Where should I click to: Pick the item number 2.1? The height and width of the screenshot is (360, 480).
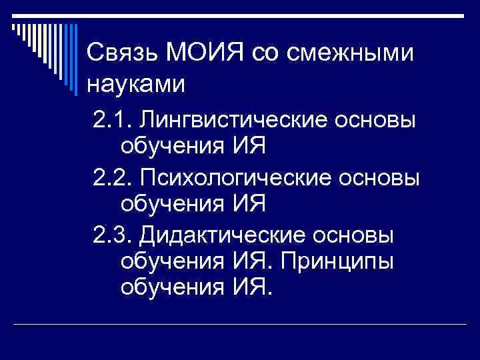pyautogui.click(x=112, y=121)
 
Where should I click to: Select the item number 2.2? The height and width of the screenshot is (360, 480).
pyautogui.click(x=112, y=179)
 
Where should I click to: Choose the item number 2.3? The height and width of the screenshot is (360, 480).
pyautogui.click(x=112, y=236)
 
